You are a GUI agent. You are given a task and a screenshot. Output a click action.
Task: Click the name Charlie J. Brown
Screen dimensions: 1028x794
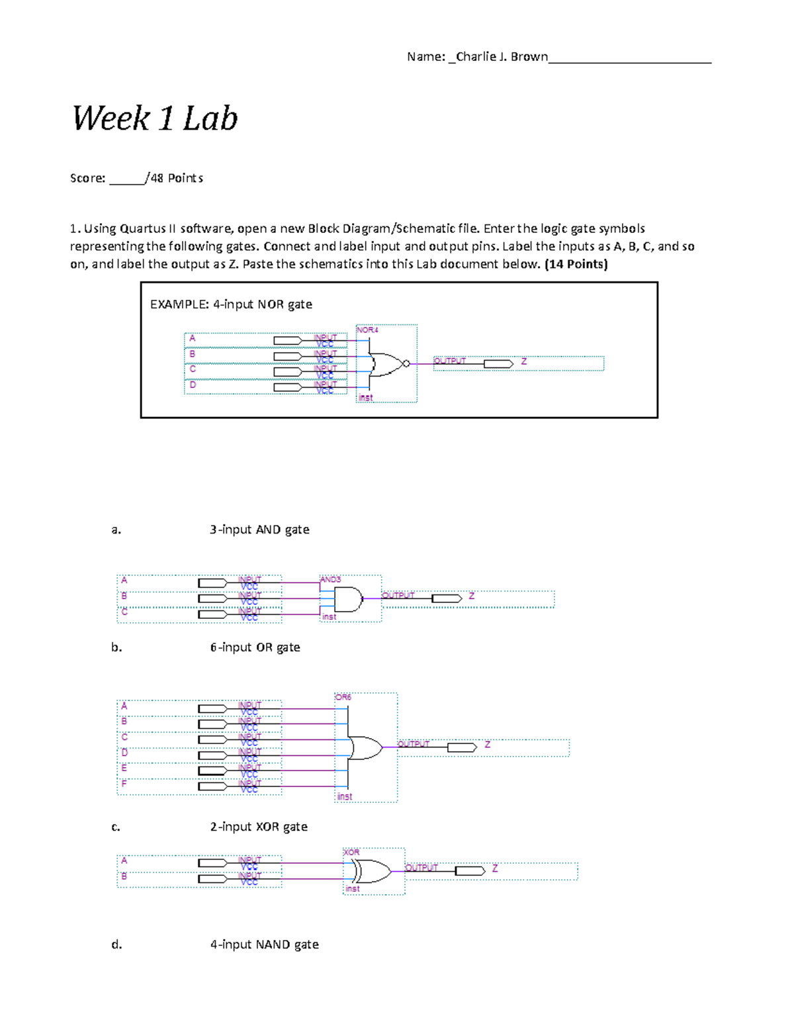coord(502,57)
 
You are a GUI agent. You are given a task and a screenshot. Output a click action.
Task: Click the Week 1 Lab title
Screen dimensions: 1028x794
coord(155,119)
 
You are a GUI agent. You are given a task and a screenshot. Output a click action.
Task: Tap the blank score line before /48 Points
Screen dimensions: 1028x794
coord(126,179)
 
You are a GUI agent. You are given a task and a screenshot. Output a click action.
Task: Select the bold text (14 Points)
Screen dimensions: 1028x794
coord(576,264)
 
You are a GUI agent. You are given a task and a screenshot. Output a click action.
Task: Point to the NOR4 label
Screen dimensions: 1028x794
coord(367,330)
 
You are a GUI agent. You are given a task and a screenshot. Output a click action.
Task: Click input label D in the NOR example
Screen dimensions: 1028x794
coord(193,385)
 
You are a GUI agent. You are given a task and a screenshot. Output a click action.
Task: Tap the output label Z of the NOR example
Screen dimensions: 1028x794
coord(523,361)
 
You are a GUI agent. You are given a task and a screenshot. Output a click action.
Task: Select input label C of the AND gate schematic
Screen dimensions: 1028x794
coord(124,612)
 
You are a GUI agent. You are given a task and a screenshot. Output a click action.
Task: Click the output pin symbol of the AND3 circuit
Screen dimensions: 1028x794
coord(447,599)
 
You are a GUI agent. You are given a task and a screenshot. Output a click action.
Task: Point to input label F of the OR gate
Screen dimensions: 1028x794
coord(124,784)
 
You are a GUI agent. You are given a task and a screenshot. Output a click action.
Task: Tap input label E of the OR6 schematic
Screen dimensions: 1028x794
coord(124,768)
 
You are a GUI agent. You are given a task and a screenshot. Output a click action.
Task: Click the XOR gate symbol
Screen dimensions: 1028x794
coord(371,871)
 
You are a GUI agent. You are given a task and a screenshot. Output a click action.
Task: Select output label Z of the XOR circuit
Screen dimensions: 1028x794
coord(495,868)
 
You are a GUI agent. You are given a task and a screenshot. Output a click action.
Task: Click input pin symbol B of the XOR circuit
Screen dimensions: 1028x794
coord(212,879)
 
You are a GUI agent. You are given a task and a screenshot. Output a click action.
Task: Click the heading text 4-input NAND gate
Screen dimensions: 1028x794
coord(264,945)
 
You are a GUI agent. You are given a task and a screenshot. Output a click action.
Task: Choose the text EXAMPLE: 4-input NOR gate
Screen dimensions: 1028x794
coord(231,304)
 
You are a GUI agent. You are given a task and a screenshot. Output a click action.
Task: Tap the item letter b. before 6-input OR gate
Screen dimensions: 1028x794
coord(116,647)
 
